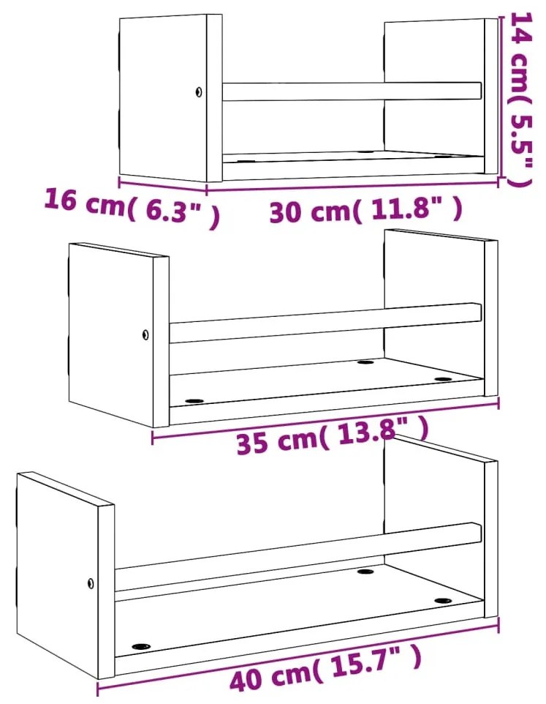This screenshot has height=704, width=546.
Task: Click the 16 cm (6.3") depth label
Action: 133,208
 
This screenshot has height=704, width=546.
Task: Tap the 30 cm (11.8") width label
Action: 365,210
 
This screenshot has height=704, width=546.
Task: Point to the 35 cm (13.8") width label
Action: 332,436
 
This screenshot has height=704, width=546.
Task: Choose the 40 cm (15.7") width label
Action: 326,667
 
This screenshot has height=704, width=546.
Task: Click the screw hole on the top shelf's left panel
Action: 198,92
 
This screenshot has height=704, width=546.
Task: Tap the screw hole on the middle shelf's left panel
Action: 145,334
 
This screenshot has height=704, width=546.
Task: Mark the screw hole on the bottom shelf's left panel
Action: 91,584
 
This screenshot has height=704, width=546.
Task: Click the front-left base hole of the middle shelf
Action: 194,401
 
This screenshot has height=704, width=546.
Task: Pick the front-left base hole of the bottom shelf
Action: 141,647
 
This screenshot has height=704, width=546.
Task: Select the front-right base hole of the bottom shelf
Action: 443,601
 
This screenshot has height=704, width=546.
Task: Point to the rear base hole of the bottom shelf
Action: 365,572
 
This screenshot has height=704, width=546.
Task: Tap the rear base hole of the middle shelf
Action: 365,362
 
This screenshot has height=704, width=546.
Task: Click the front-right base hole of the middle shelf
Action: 443,379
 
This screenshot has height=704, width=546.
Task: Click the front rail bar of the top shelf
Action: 352,91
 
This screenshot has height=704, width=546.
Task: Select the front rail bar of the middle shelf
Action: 325,323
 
